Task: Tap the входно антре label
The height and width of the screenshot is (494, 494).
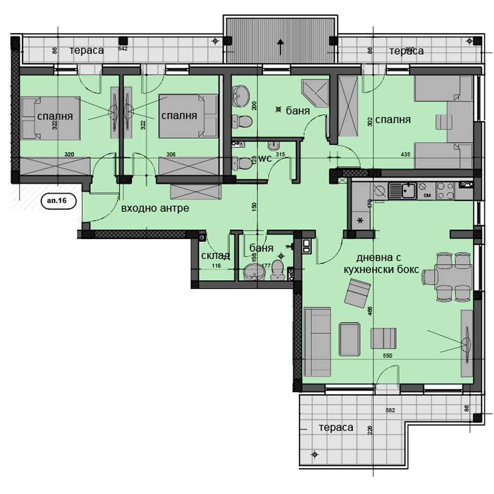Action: tap(155, 208)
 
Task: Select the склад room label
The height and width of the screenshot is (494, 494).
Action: tap(216, 255)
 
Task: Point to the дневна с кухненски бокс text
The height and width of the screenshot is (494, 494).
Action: tap(390, 264)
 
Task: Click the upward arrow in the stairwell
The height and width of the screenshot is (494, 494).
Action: tap(281, 46)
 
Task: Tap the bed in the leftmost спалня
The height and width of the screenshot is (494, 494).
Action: tap(51, 118)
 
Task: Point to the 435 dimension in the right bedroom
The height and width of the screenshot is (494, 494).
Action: tap(405, 155)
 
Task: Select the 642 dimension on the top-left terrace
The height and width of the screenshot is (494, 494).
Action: tap(123, 48)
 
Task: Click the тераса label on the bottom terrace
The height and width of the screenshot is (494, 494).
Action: tap(336, 427)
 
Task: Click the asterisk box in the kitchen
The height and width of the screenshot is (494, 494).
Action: tap(360, 220)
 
